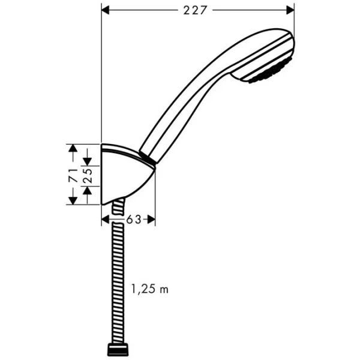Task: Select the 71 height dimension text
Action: [x=72, y=175]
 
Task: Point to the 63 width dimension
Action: [x=133, y=220]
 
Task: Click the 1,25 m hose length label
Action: [x=150, y=290]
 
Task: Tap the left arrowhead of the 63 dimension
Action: [x=106, y=220]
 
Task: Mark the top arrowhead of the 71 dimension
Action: [x=72, y=148]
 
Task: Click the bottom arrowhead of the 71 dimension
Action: [x=72, y=200]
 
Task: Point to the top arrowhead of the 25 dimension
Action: [x=88, y=161]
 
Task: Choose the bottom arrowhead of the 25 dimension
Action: [x=88, y=190]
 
